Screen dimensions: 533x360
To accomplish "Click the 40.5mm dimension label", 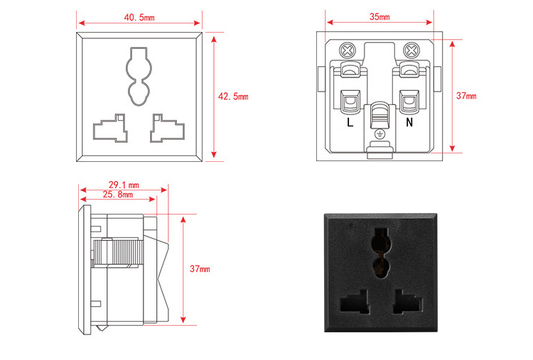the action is click(139, 16).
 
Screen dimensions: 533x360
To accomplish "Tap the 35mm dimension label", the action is click(379, 16).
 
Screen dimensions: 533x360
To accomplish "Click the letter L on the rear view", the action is click(350, 122).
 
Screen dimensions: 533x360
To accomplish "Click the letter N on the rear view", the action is click(409, 122).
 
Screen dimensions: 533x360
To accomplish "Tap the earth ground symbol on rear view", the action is click(379, 133).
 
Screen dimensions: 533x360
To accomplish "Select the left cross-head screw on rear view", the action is click(348, 50).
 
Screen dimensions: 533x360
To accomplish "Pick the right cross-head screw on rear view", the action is click(410, 50).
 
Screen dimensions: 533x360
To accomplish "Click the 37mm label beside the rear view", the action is click(466, 96).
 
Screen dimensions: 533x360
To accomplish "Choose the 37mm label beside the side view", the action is click(200, 269).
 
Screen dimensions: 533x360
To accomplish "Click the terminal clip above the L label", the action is click(350, 103).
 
